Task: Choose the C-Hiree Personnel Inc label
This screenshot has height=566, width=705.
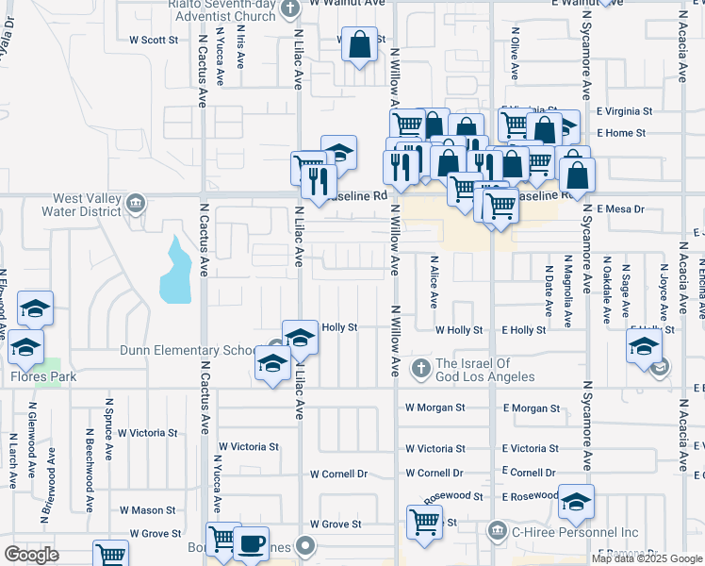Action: pyautogui.click(x=579, y=533)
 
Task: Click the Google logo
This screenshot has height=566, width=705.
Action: pyautogui.click(x=32, y=554)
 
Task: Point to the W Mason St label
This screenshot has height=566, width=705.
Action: pyautogui.click(x=147, y=510)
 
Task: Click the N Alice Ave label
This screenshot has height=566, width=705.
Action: pyautogui.click(x=434, y=281)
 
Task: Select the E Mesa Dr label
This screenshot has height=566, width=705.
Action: pyautogui.click(x=621, y=209)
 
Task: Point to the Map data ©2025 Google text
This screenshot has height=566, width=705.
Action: pyautogui.click(x=645, y=558)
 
